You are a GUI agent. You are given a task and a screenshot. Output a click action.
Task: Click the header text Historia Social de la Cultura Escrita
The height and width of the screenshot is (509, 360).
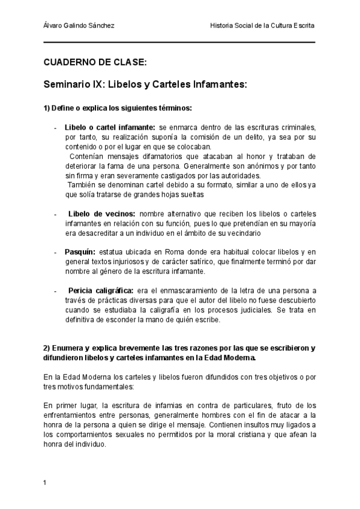tap(263, 26)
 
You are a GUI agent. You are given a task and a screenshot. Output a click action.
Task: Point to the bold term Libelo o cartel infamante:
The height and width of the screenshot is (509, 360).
tap(109, 127)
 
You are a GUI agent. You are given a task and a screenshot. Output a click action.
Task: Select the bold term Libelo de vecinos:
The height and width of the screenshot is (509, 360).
tap(101, 214)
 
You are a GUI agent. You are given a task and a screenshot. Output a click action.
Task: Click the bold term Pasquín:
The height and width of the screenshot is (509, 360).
tap(79, 252)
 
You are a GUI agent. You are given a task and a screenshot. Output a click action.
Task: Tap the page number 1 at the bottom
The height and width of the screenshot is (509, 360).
tap(45, 482)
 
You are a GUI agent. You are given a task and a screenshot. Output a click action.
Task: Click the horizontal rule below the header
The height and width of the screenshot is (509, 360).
tap(179, 42)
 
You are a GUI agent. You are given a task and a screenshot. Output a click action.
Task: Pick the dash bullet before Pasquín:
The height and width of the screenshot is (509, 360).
tap(55, 252)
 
